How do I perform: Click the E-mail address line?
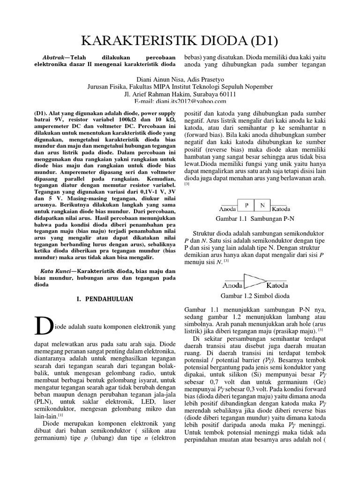coord(180,101)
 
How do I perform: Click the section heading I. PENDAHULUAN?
coord(105,299)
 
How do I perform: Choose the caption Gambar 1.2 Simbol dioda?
coord(255,296)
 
